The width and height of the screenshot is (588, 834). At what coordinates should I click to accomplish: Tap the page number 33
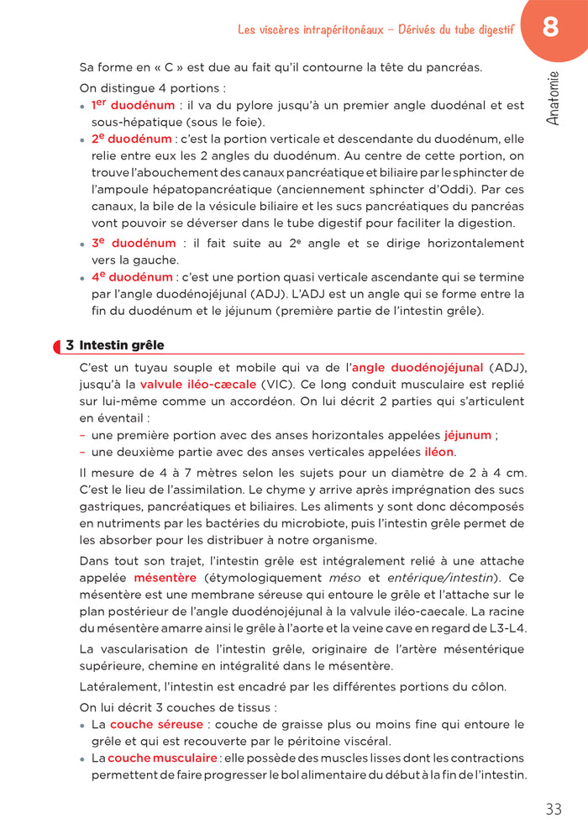(553, 810)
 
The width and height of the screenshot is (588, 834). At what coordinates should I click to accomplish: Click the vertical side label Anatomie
(552, 98)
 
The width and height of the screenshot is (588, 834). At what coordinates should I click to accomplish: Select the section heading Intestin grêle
(122, 345)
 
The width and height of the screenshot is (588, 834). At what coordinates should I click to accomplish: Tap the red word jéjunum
(468, 435)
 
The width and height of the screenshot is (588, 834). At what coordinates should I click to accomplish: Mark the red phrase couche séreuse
(156, 724)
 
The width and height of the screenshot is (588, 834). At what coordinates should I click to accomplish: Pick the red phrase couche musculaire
(162, 758)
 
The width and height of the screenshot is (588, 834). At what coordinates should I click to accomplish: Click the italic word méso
(344, 578)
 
